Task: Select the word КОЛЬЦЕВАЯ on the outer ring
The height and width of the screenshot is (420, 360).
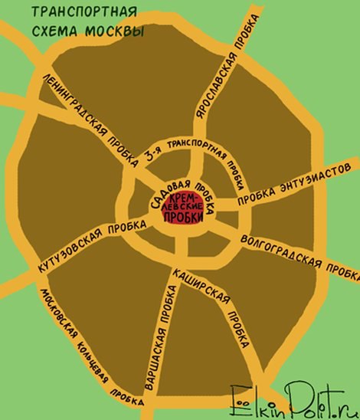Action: point(93,367)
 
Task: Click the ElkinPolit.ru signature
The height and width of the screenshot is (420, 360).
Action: point(294,399)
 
